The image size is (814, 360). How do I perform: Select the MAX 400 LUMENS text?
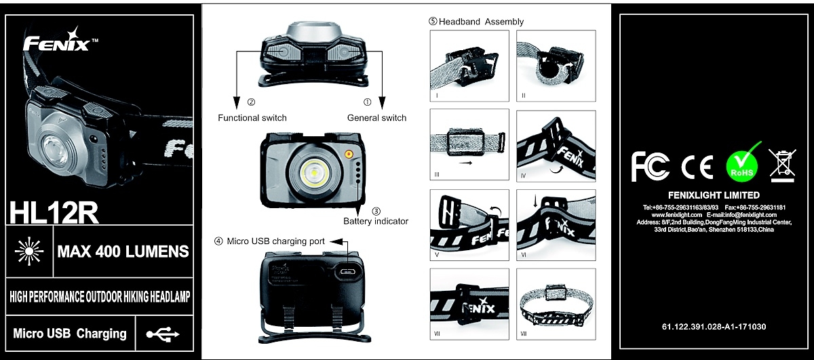tap(123, 252)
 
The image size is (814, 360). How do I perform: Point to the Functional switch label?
tap(252, 118)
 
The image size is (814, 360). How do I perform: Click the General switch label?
tap(376, 118)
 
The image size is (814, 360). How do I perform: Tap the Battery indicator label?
tap(376, 221)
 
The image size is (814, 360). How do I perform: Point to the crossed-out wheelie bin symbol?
tap(782, 164)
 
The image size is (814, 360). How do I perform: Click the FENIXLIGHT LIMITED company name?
tap(714, 195)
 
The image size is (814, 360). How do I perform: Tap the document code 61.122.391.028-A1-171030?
tap(714, 327)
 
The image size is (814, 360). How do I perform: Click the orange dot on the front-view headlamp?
tap(348, 154)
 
